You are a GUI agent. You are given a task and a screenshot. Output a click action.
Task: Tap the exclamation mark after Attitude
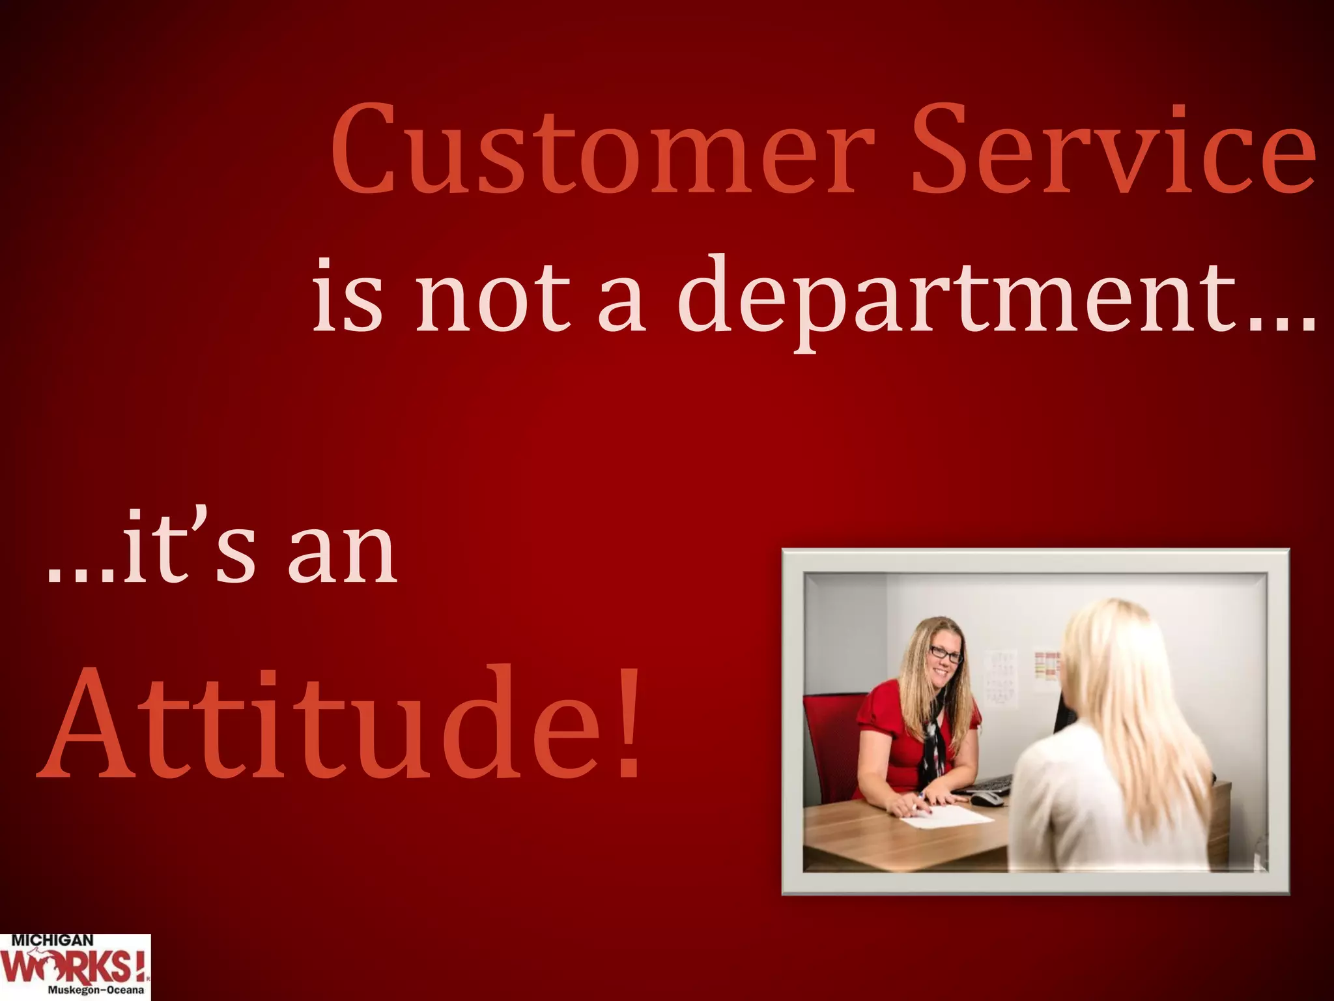click(628, 723)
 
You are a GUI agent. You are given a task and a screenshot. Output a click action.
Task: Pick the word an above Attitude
click(342, 554)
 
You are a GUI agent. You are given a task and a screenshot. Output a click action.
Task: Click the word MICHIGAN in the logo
click(52, 940)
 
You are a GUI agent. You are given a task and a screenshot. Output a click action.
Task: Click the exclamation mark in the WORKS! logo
click(137, 966)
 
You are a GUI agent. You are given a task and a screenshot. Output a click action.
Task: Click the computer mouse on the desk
click(987, 798)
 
